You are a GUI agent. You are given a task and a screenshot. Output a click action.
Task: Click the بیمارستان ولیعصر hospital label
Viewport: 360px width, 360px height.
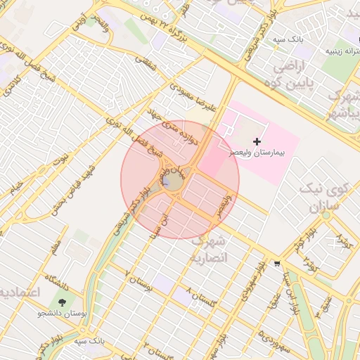(x=260, y=152)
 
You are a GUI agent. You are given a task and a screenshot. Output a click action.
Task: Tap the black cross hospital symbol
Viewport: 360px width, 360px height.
(x=257, y=141)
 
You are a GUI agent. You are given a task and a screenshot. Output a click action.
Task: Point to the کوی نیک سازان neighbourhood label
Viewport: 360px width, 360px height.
(x=324, y=198)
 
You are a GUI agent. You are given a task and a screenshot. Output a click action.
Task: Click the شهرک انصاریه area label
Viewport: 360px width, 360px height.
(x=209, y=250)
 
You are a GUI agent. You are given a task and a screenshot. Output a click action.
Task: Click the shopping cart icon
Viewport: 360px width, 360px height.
(x=278, y=264)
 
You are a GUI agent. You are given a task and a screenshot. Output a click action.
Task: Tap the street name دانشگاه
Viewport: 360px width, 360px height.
(x=57, y=283)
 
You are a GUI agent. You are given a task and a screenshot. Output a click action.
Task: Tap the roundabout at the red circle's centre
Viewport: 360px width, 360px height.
(x=173, y=182)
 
